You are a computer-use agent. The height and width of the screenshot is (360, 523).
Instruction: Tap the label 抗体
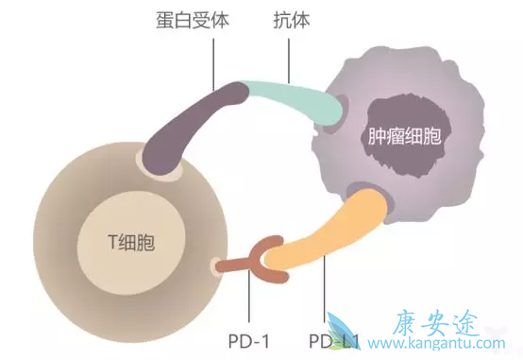coord(288,18)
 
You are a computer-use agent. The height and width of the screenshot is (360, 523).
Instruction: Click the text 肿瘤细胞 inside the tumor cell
coord(406,137)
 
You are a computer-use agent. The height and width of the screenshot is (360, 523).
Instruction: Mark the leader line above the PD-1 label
coord(249,302)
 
